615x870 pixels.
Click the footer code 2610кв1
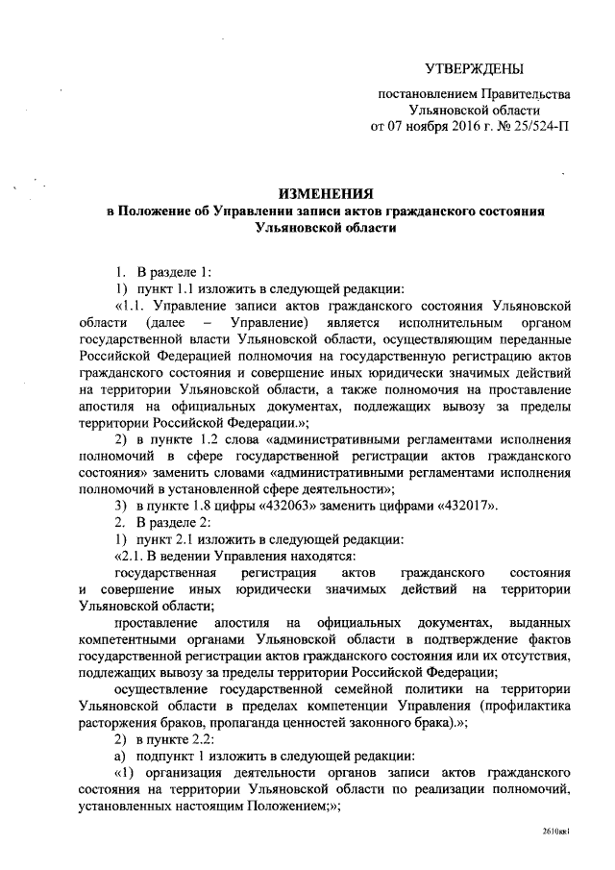(x=556, y=853)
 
